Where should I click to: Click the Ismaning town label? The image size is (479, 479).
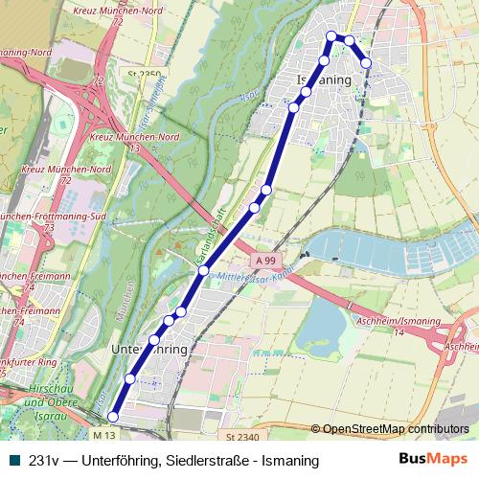click(x=331, y=80)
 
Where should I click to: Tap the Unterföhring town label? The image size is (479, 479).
click(x=149, y=350)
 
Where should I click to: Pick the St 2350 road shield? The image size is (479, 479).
click(x=143, y=74)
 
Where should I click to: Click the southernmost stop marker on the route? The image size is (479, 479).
click(x=112, y=417)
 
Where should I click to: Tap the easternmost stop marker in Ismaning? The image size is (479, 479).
click(x=366, y=63)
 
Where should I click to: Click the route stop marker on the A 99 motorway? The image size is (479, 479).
click(x=203, y=271)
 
